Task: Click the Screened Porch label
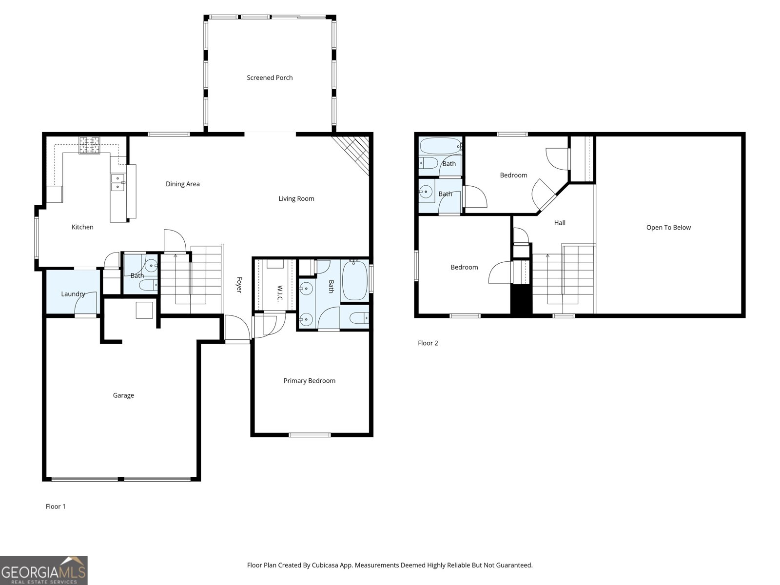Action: pos(270,78)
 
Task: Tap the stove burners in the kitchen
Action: pos(89,145)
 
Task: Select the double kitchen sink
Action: pos(117,182)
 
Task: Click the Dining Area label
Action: pos(183,184)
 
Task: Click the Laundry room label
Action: pos(73,294)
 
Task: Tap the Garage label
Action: pos(123,395)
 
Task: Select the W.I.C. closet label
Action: pos(280,292)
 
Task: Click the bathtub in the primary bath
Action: pos(354,281)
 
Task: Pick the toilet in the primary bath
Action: pos(360,318)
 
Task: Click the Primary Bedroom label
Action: pos(310,381)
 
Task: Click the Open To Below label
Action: pos(668,227)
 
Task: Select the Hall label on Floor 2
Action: pos(560,223)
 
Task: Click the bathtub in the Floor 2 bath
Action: pos(440,145)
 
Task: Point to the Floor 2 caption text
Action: pos(428,343)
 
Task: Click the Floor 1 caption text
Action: pos(56,507)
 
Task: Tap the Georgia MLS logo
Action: pos(44,570)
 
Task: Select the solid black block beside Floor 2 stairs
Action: pos(521,299)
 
